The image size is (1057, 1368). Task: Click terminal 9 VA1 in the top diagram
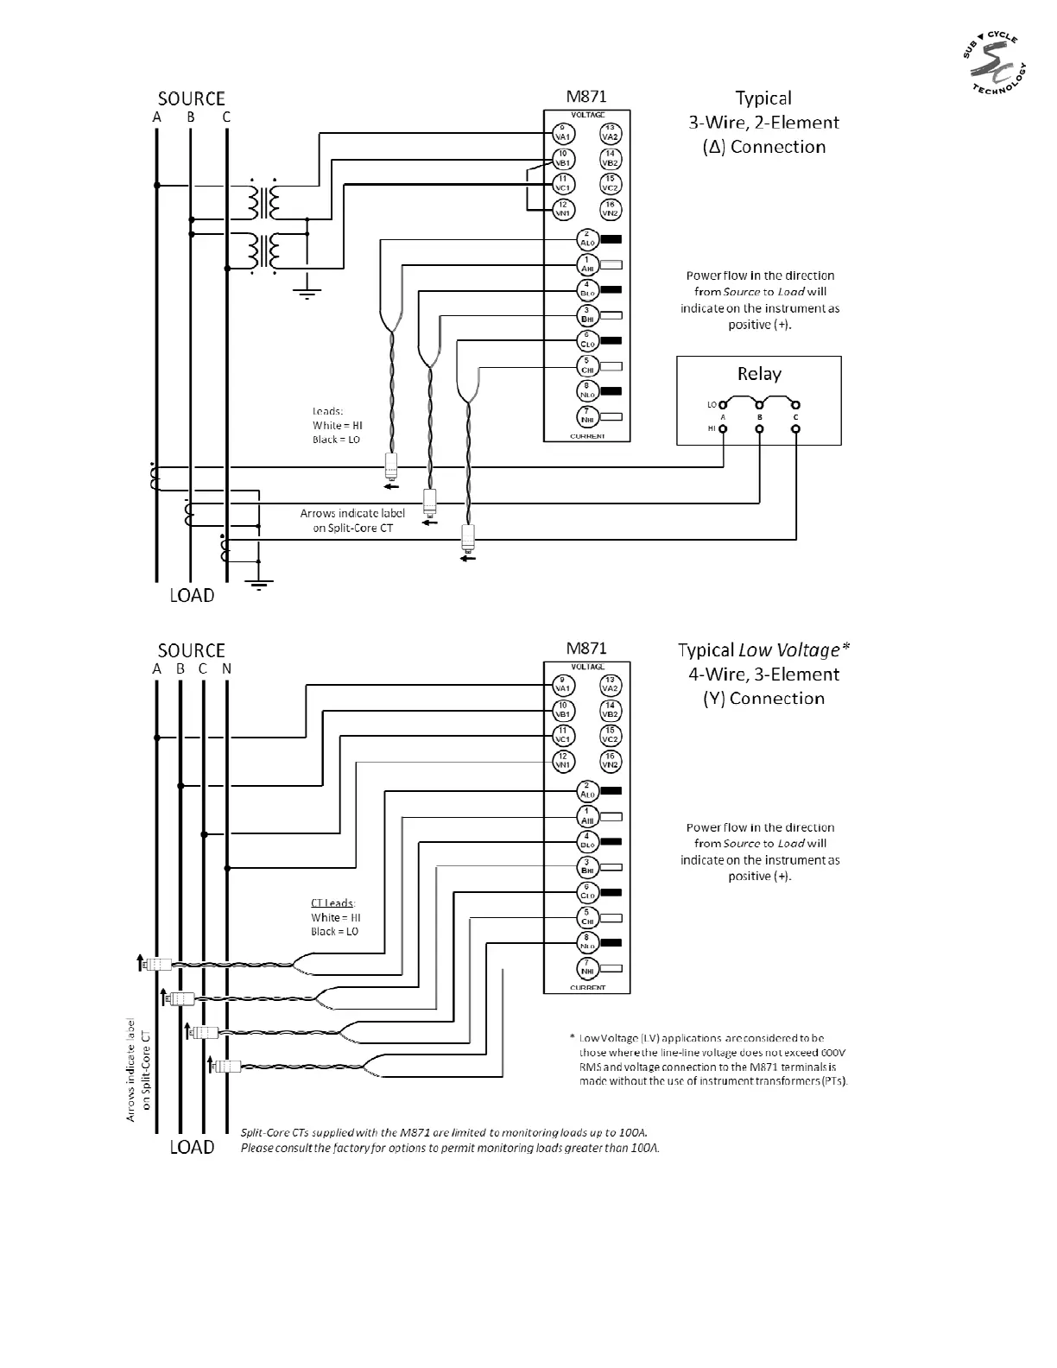click(x=562, y=133)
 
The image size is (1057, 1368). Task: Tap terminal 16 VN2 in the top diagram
click(x=611, y=209)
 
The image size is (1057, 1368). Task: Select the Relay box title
click(x=759, y=374)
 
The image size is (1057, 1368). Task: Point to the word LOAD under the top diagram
click(x=192, y=596)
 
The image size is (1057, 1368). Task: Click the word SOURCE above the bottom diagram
click(x=191, y=650)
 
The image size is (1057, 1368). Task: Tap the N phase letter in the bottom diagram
click(x=226, y=668)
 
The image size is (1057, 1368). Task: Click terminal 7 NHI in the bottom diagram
click(x=587, y=968)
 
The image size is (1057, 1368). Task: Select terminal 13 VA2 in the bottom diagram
click(x=611, y=685)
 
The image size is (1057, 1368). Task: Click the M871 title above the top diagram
click(x=586, y=96)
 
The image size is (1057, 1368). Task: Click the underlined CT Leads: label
click(x=333, y=903)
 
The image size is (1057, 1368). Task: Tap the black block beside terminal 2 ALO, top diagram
click(x=611, y=239)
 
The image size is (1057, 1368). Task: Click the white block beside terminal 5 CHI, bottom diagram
click(x=611, y=918)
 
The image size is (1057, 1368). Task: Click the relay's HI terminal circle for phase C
click(x=795, y=428)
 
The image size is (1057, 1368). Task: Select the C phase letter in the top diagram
click(x=226, y=117)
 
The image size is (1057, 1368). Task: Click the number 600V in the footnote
click(x=833, y=1053)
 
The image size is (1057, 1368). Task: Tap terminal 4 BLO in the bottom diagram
click(x=587, y=841)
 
